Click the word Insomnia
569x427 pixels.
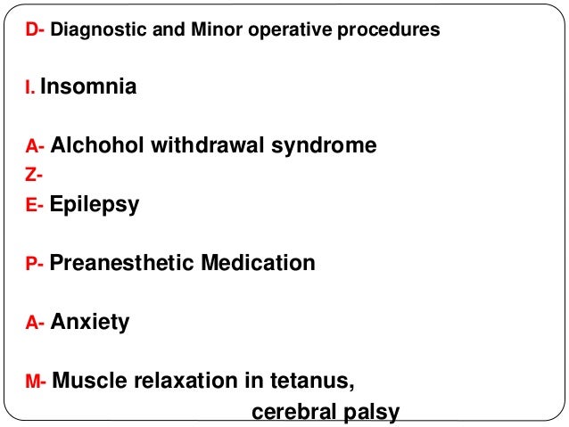pos(88,87)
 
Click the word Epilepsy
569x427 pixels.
pos(95,204)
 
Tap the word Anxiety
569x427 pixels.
pos(89,322)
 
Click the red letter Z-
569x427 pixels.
pos(33,175)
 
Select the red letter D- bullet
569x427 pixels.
pos(35,29)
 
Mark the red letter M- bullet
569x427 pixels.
pos(37,383)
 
